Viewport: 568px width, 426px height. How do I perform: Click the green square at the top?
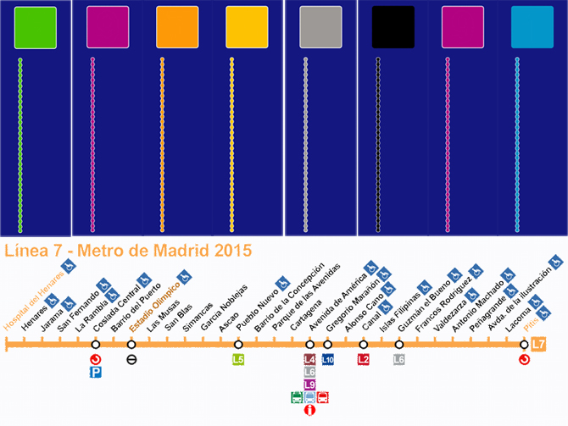36,27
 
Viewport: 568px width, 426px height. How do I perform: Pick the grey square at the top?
320,27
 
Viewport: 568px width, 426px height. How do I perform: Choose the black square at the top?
393,27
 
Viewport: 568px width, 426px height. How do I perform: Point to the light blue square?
532,27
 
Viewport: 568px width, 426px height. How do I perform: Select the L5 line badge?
238,359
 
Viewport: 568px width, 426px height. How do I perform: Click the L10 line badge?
328,359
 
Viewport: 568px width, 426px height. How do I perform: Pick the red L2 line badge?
363,359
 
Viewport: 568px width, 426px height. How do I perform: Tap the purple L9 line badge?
309,385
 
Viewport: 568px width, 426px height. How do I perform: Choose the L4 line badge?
309,359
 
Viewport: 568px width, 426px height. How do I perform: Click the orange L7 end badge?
538,344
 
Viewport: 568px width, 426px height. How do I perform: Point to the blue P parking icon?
96,372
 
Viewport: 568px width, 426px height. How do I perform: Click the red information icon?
309,411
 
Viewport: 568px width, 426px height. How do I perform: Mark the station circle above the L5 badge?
238,345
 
